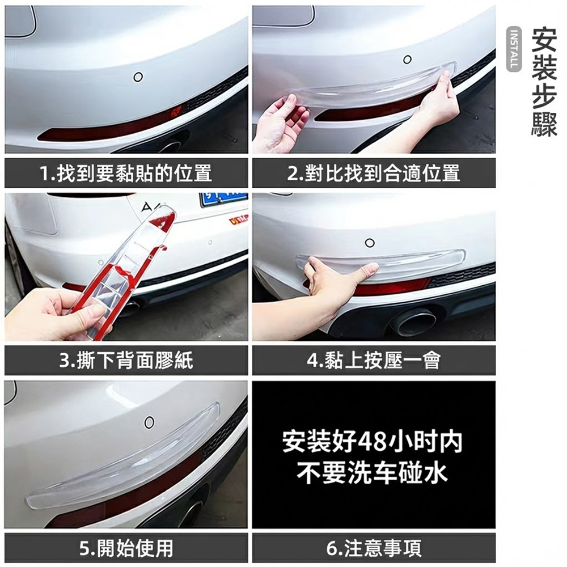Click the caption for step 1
126,173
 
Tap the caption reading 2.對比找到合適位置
374,173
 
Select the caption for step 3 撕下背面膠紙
126,361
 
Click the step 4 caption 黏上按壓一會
374,361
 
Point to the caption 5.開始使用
126,548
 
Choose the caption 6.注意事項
374,548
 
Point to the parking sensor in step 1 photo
138,77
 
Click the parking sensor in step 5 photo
149,422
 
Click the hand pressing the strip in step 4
335,283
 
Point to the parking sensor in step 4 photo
370,243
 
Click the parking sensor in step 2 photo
407,60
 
